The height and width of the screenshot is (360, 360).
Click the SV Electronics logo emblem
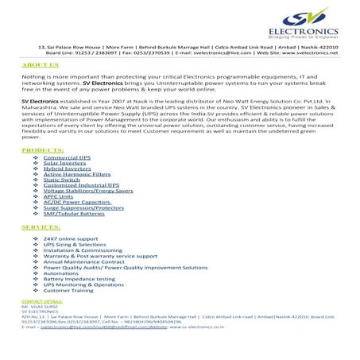tap(285, 18)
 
